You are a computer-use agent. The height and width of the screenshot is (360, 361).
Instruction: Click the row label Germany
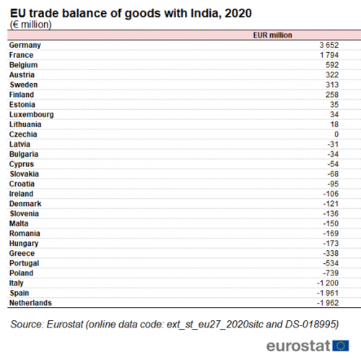pyautogui.click(x=25, y=46)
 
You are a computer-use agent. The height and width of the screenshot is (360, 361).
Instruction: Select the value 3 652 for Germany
pyautogui.click(x=329, y=45)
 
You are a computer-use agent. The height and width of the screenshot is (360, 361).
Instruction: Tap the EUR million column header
pyautogui.click(x=272, y=35)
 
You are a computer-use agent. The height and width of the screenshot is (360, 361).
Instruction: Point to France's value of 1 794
pyautogui.click(x=329, y=55)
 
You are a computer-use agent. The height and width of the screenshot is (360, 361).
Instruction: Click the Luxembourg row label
pyautogui.click(x=32, y=115)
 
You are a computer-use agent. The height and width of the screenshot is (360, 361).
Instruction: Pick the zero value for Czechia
pyautogui.click(x=336, y=134)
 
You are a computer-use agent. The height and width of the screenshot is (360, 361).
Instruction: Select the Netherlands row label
pyautogui.click(x=30, y=303)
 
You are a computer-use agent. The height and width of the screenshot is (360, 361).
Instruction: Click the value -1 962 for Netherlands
pyautogui.click(x=328, y=303)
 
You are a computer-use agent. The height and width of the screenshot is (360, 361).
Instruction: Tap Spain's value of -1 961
pyautogui.click(x=328, y=293)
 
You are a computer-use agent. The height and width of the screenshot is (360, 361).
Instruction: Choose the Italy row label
pyautogui.click(x=17, y=283)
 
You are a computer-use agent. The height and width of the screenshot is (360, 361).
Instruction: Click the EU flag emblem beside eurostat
pyautogui.click(x=341, y=346)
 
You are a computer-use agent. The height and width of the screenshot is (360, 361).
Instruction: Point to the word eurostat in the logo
pyautogui.click(x=298, y=346)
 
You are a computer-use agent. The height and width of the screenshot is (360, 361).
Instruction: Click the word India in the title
pyautogui.click(x=204, y=13)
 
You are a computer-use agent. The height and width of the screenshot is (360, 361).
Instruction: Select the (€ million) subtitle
pyautogui.click(x=31, y=25)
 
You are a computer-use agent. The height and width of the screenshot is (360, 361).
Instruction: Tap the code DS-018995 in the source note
pyautogui.click(x=312, y=325)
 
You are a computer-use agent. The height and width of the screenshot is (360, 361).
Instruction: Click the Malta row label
pyautogui.click(x=19, y=223)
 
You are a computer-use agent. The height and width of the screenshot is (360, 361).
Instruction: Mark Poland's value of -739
pyautogui.click(x=331, y=273)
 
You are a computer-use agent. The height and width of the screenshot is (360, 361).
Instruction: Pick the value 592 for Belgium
pyautogui.click(x=332, y=65)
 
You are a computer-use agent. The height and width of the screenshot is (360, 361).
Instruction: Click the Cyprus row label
pyautogui.click(x=22, y=164)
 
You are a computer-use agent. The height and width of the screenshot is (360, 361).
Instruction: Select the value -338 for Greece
pyautogui.click(x=331, y=254)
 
